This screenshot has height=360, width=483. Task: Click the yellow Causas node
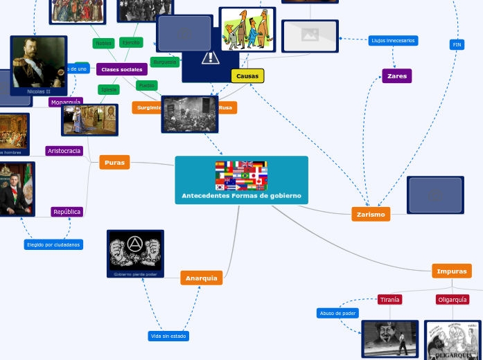(x=247, y=76)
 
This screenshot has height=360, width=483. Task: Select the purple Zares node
(x=396, y=76)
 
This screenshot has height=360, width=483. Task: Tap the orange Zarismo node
(x=371, y=215)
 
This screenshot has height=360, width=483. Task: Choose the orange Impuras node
(x=451, y=271)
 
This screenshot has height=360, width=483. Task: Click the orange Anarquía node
(x=202, y=278)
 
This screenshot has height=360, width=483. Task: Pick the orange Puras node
(x=114, y=163)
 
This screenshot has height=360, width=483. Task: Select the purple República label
(x=67, y=212)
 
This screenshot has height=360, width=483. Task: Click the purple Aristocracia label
(x=64, y=151)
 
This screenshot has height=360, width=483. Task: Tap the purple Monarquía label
(x=65, y=102)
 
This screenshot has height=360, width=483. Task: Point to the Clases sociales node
(x=121, y=69)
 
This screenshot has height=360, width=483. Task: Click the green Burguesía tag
(x=165, y=62)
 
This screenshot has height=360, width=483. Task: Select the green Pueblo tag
(x=146, y=86)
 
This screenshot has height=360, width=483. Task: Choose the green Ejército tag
(x=131, y=43)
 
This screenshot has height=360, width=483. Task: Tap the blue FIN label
(x=457, y=45)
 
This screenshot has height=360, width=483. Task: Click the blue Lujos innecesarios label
(x=393, y=41)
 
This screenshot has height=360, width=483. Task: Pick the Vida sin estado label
(x=168, y=336)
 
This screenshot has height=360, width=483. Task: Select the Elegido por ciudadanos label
(x=53, y=244)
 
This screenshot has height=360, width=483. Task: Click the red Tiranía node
(x=389, y=300)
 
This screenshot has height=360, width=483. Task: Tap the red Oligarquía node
(x=453, y=300)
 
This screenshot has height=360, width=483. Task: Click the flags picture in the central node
(x=241, y=176)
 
